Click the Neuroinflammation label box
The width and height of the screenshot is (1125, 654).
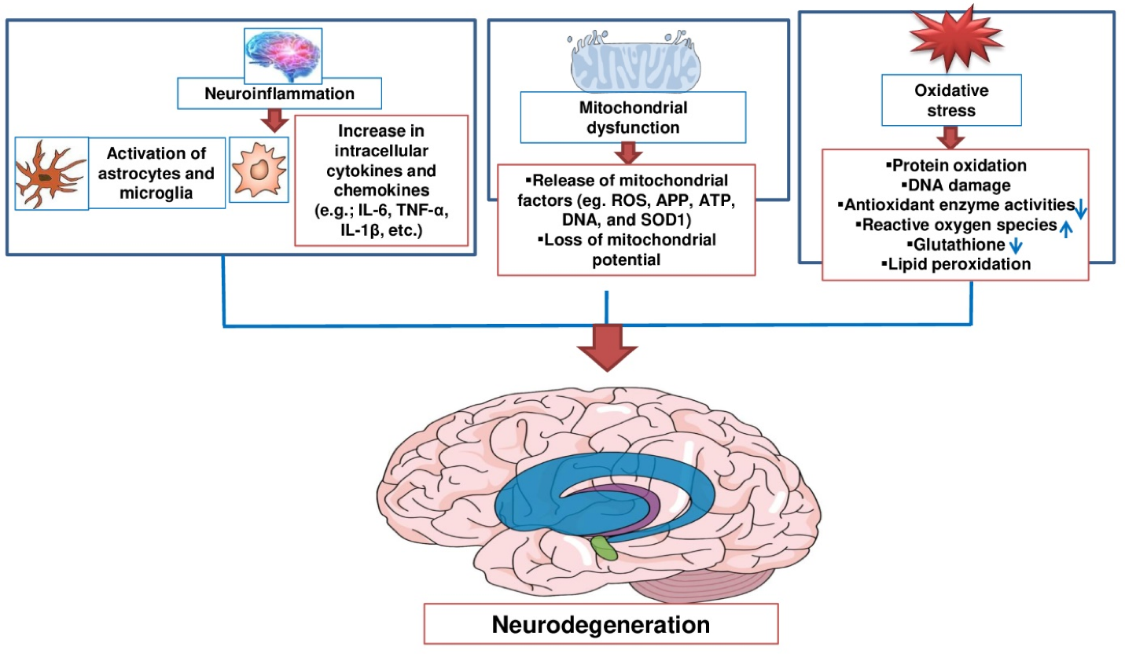pyautogui.click(x=279, y=94)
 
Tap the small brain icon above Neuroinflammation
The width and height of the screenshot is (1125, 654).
pyautogui.click(x=280, y=52)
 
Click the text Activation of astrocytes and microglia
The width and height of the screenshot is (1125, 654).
pyautogui.click(x=157, y=174)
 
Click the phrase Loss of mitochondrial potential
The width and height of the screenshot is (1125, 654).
pyautogui.click(x=627, y=251)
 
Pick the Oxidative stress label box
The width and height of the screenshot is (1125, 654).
pyautogui.click(x=951, y=100)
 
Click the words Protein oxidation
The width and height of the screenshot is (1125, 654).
pyautogui.click(x=955, y=166)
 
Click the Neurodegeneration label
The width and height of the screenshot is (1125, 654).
pyautogui.click(x=601, y=625)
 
